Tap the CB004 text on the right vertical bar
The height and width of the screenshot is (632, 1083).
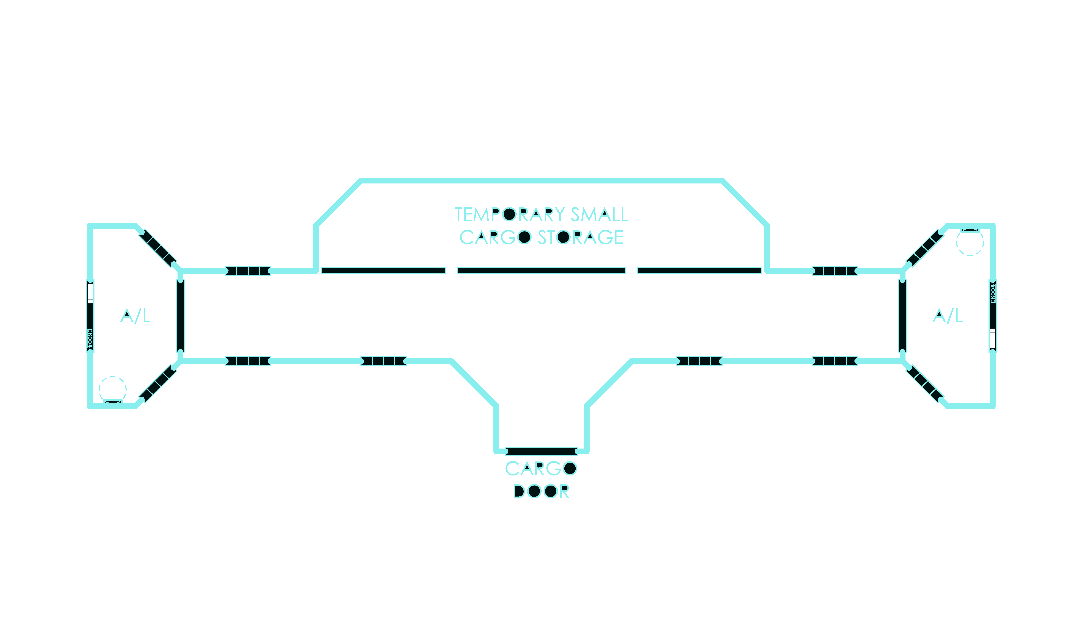pyautogui.click(x=993, y=294)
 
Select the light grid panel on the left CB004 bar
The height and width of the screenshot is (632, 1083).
pyautogui.click(x=90, y=294)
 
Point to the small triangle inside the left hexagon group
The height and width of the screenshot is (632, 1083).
pyautogui.click(x=127, y=314)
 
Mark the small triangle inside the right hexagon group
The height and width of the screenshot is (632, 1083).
pyautogui.click(x=939, y=314)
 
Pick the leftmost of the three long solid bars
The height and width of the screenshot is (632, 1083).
pyautogui.click(x=383, y=271)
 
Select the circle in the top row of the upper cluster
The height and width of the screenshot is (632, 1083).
pyautogui.click(x=509, y=214)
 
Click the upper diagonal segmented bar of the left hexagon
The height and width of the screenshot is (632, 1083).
pyautogui.click(x=158, y=248)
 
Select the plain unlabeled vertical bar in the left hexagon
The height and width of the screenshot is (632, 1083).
pyautogui.click(x=181, y=316)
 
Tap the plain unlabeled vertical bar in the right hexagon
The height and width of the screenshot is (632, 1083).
pyautogui.click(x=902, y=316)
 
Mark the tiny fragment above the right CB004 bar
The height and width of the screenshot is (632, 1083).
pyautogui.click(x=970, y=230)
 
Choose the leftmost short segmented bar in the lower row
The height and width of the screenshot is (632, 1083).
pyautogui.click(x=248, y=361)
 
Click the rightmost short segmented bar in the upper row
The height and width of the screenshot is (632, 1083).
pyautogui.click(x=835, y=271)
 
